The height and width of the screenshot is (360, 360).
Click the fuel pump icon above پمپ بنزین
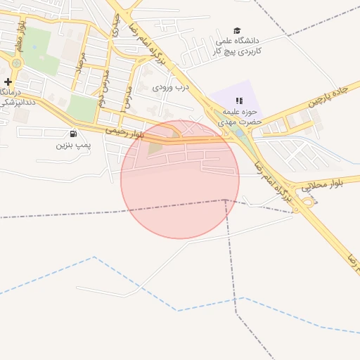(73, 134)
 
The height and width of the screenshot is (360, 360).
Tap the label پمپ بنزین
(74, 145)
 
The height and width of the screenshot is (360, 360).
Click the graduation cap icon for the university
(238, 30)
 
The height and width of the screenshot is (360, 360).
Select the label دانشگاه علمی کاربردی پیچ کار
(238, 46)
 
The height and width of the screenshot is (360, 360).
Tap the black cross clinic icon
(8, 82)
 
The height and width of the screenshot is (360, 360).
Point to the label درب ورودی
(172, 86)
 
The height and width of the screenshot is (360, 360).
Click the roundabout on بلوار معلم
(16, 63)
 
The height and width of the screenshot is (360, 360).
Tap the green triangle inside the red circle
(155, 147)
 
